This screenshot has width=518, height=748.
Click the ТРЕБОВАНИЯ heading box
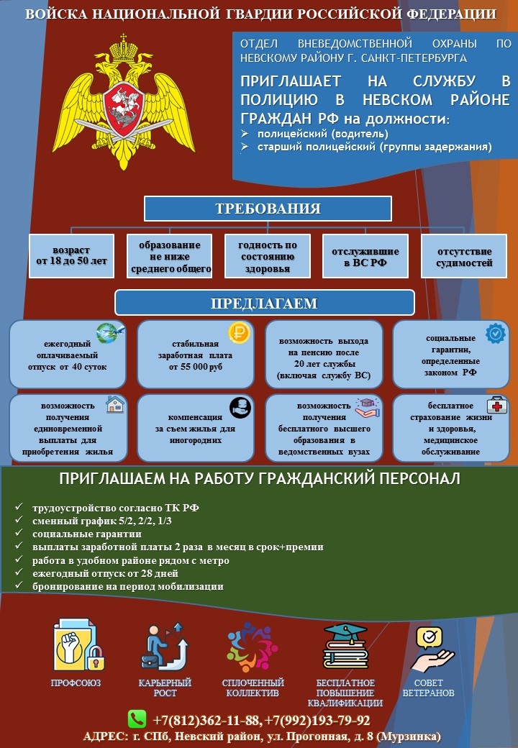tap(268, 209)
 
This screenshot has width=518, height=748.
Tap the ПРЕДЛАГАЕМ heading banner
tap(264, 303)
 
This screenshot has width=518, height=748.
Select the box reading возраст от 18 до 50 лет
tap(71, 256)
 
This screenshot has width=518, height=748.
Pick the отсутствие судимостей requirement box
tap(463, 256)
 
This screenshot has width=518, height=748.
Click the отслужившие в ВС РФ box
tap(365, 256)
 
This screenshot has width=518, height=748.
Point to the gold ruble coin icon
tap(239, 332)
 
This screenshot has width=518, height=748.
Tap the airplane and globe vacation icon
tap(110, 333)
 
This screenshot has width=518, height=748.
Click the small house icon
tap(115, 404)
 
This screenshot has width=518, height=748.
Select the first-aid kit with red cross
tap(497, 404)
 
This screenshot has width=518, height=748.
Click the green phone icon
tap(137, 719)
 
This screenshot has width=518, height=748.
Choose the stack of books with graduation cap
tap(346, 647)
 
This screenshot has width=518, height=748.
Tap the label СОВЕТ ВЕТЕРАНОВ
tap(428, 688)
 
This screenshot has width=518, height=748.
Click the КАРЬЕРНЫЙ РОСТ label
tap(165, 688)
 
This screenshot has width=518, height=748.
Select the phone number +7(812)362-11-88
tap(207, 721)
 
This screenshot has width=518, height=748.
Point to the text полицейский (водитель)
tap(323, 134)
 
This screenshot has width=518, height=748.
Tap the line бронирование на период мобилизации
tap(128, 586)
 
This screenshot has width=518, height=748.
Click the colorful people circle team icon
tap(253, 647)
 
